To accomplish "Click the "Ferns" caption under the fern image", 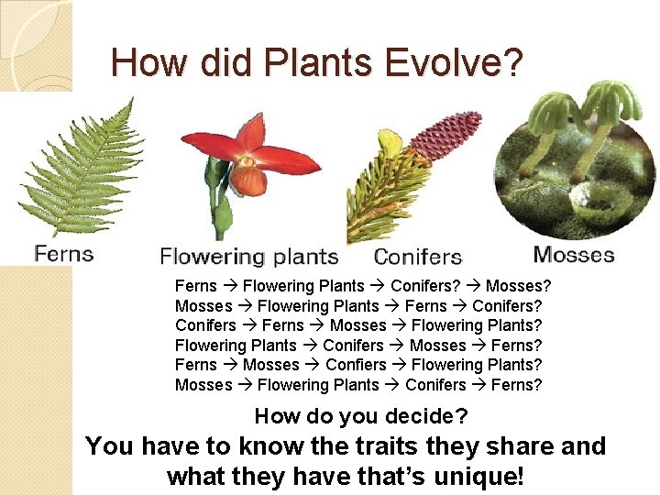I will coord(64,252).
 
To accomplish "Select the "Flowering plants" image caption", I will coord(249,257).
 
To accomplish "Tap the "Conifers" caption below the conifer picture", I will coord(418,257).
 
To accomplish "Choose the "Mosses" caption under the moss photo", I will coord(574,254).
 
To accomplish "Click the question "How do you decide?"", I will coord(360,416).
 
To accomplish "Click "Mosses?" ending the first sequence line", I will coord(518,286).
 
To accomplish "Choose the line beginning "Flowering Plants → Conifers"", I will coord(358,346).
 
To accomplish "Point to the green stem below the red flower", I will coord(217,206).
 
